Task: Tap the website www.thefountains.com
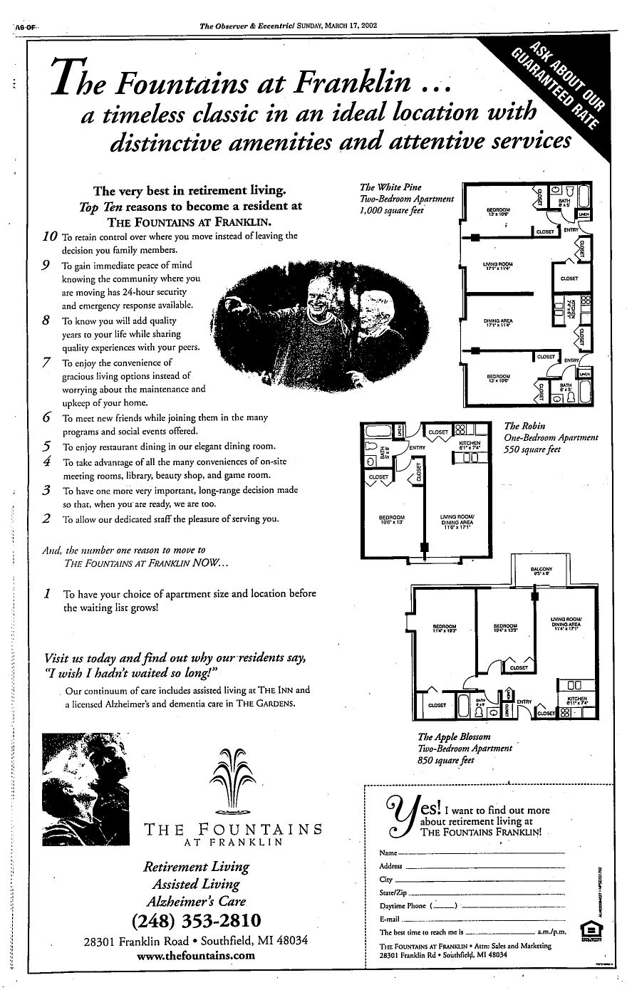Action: pos(196,955)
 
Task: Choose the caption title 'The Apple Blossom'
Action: pos(455,736)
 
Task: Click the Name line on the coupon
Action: pos(470,853)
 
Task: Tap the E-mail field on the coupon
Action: pos(470,919)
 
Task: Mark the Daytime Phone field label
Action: pos(403,906)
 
